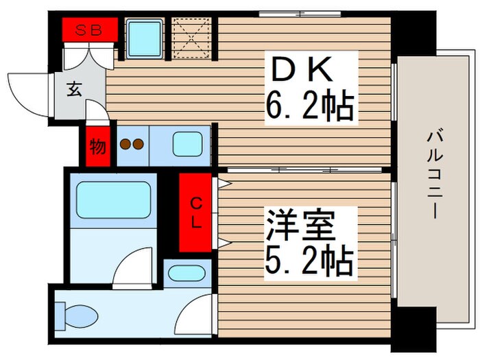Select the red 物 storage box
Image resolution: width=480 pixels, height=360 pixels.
98,146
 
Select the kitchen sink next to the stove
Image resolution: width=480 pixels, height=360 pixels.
187,144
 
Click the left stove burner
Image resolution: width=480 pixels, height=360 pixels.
125,144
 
